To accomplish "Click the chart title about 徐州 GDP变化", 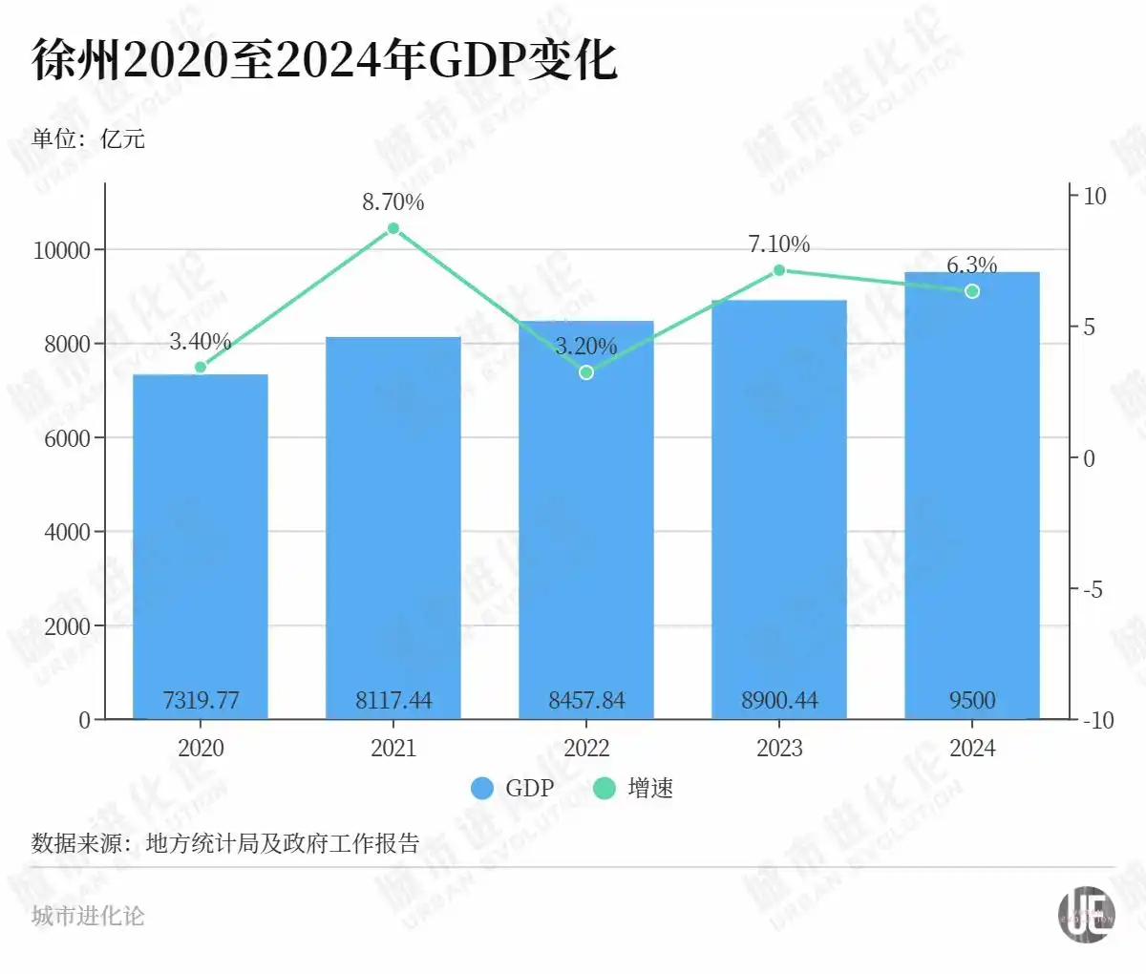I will [x=325, y=59].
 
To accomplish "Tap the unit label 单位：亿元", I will [x=88, y=139].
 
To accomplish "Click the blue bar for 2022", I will [x=586, y=535].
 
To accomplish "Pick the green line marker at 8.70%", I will [x=393, y=228].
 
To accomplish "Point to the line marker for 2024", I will [x=972, y=291].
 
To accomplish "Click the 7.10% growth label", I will [x=778, y=244].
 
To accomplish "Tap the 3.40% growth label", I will [x=201, y=342].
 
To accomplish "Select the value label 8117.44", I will [x=393, y=701].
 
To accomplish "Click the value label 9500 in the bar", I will [x=972, y=701].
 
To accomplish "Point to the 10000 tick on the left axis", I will [x=61, y=250].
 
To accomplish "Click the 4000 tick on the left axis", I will [x=67, y=532].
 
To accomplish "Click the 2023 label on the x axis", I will [x=779, y=748].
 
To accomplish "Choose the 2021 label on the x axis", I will [x=393, y=748].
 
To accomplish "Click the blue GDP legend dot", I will [x=482, y=788].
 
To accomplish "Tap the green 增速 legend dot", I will [x=605, y=788].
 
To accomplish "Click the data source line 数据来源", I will [x=225, y=844].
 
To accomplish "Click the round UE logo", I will [x=1087, y=914].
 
